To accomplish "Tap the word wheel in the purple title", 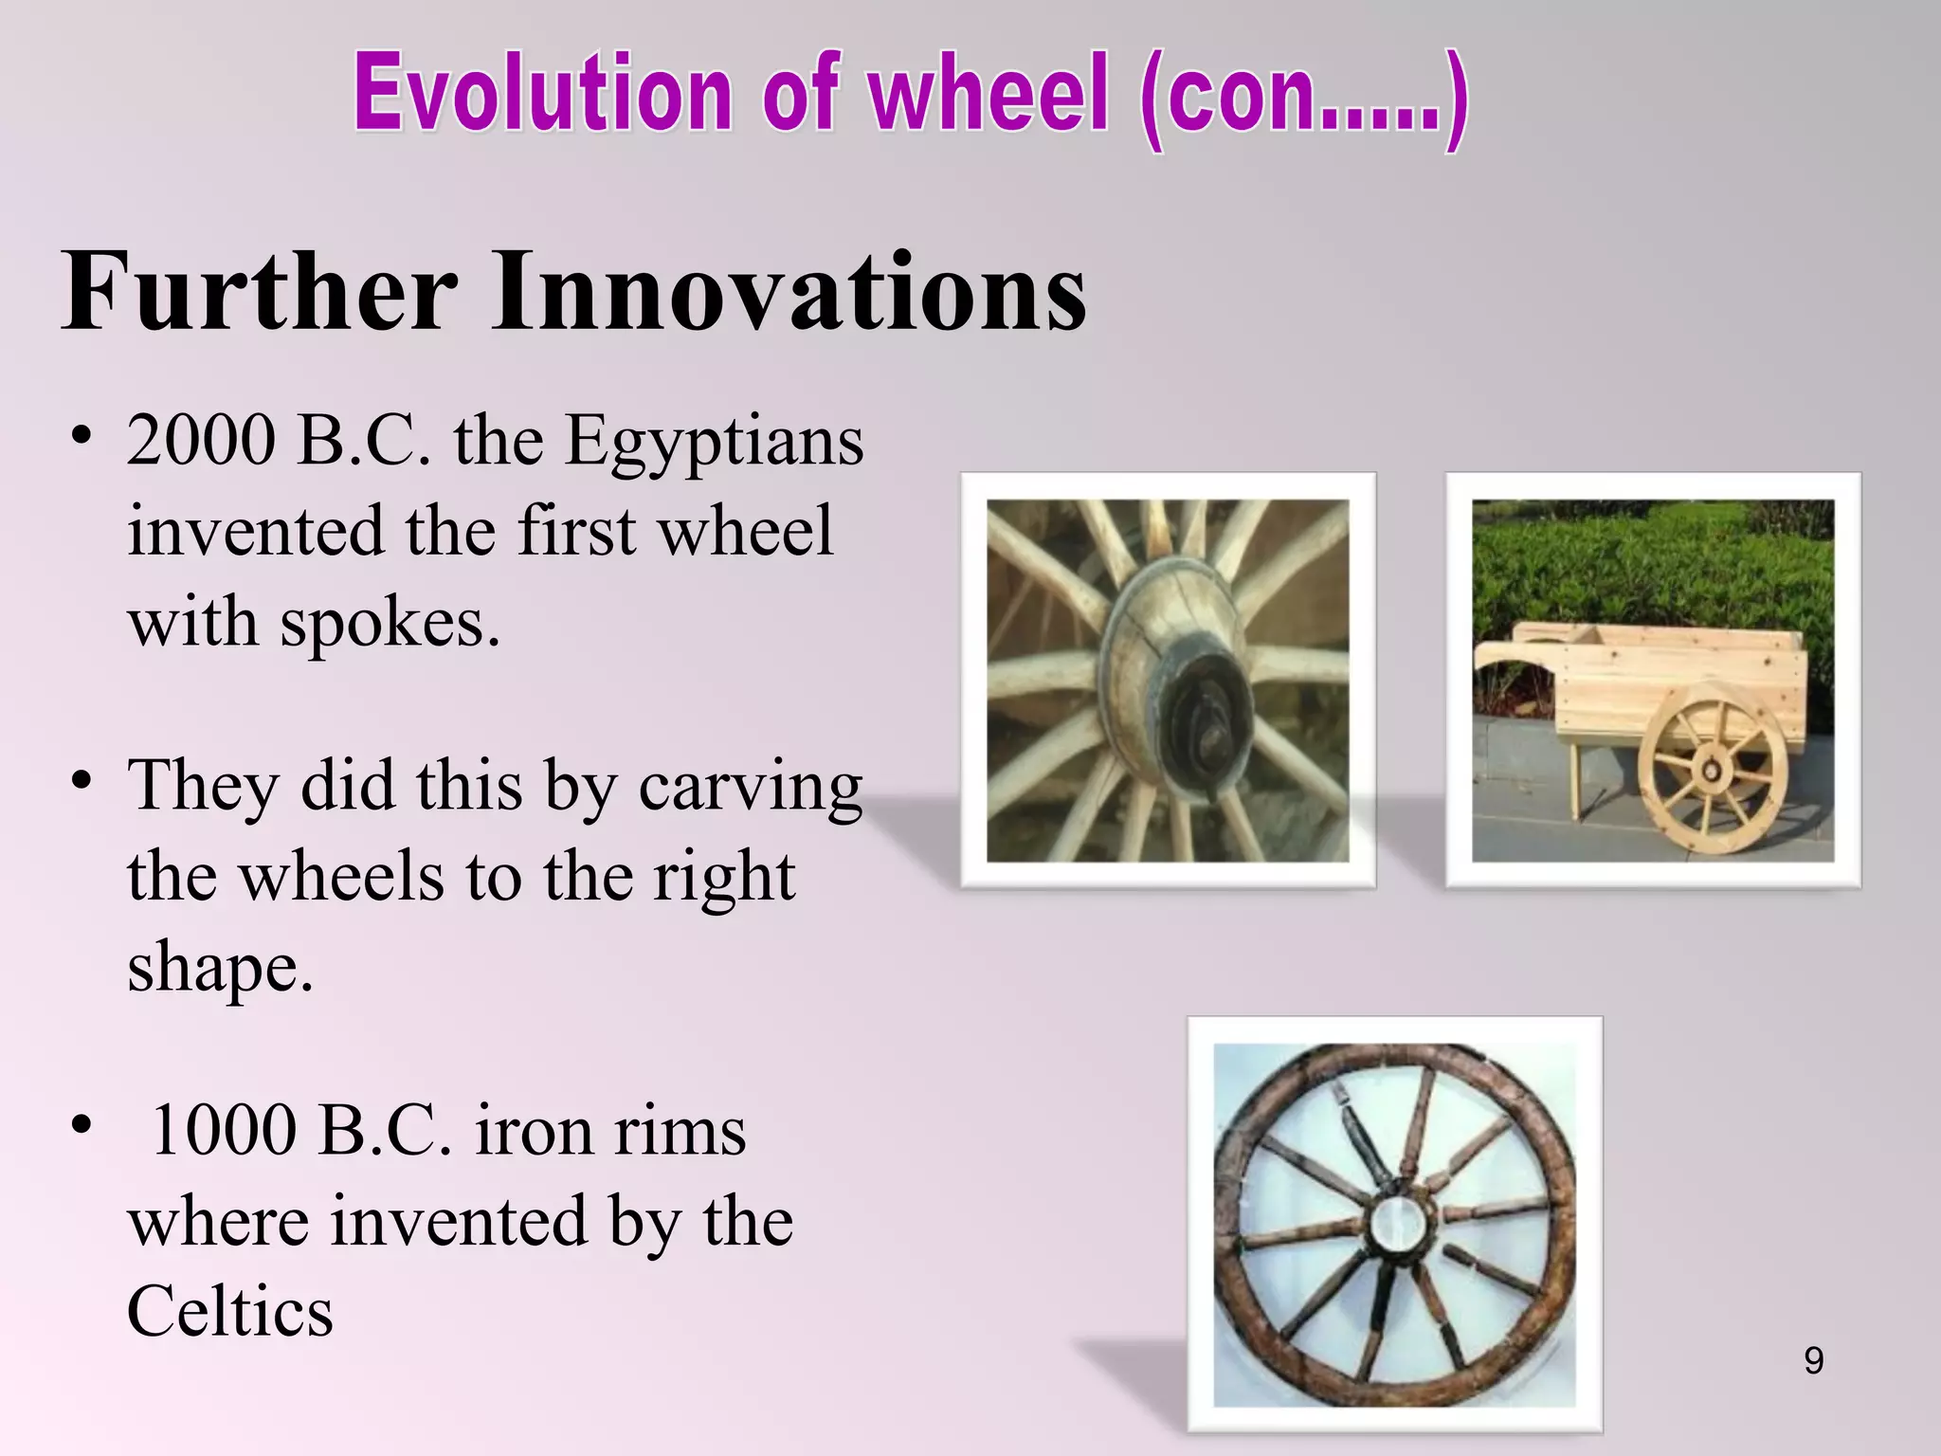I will (x=989, y=95).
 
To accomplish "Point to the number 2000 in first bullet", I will (x=200, y=441).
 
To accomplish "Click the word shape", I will (x=219, y=969).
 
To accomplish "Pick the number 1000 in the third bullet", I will (x=223, y=1131).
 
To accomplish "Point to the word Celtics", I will (x=230, y=1313).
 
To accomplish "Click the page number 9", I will (x=1813, y=1361).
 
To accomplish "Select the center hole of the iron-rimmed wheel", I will (x=1395, y=1224).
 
